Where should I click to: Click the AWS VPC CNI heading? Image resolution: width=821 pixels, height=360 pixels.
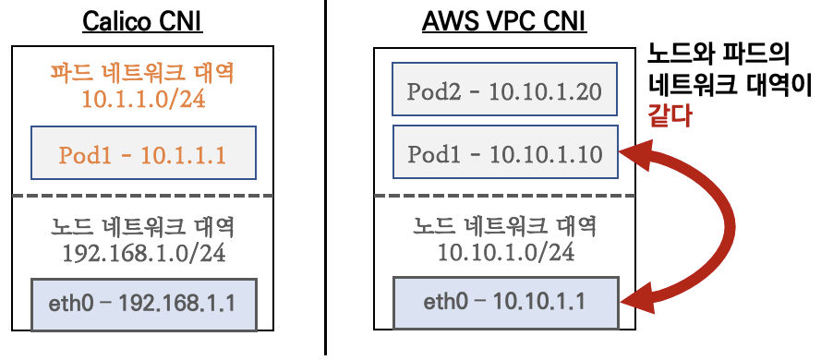505,20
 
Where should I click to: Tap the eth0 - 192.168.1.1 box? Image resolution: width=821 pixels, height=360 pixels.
142,303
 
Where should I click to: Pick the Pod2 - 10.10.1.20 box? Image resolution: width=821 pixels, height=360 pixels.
504,90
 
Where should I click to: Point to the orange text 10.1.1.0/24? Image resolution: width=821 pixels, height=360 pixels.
142,99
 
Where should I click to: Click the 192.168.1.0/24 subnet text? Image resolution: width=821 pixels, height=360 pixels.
142,251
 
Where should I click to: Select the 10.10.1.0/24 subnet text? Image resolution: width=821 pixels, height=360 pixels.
504,251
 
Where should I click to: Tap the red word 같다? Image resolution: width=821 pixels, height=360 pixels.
670,118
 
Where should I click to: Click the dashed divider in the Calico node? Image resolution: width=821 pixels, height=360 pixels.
142,195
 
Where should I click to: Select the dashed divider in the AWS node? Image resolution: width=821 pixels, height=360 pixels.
504,195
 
